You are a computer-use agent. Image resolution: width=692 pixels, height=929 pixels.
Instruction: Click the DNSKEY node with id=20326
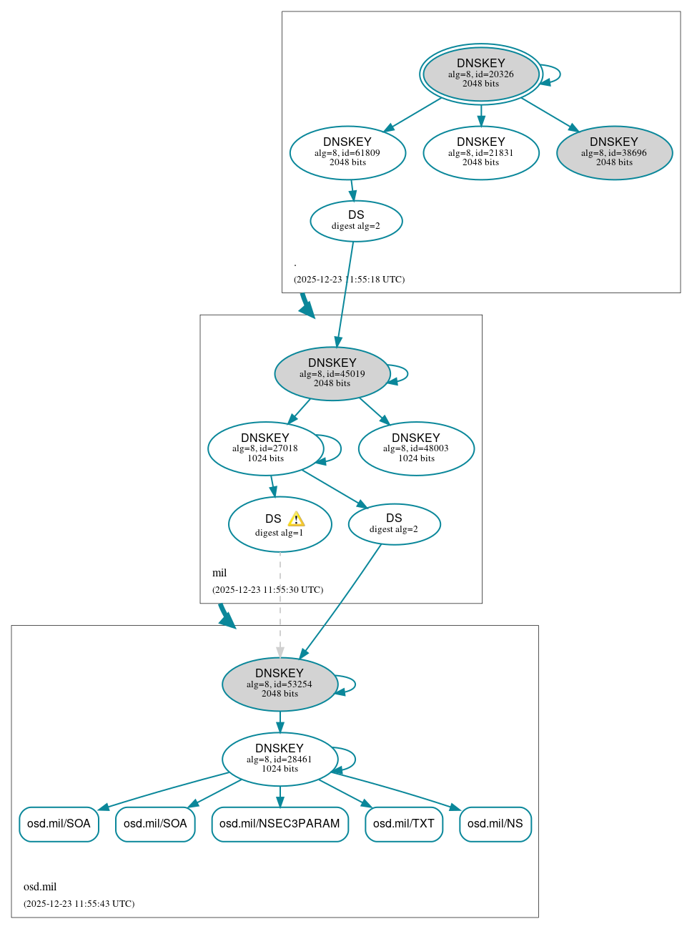point(480,74)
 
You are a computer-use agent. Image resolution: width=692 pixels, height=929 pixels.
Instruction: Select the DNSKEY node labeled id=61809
point(347,152)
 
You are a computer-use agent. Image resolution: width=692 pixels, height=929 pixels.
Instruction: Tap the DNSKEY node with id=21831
point(480,152)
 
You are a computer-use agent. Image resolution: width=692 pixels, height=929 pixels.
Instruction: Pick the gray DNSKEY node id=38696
point(614,152)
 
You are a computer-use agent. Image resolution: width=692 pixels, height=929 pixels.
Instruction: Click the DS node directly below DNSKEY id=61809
point(356,221)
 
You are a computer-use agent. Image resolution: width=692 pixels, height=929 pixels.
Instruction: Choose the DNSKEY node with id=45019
point(332,373)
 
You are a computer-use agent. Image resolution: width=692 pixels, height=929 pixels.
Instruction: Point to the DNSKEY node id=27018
point(265,448)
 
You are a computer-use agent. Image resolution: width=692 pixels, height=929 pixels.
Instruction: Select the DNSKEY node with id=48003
point(416,448)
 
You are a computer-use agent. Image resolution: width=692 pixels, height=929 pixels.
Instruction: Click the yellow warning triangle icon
point(296,519)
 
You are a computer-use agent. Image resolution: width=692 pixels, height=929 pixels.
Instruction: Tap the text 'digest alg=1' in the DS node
point(280,533)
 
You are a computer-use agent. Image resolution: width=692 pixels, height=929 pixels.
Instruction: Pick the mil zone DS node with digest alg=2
point(394,524)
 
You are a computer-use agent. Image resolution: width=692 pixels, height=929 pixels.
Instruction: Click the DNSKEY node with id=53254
point(280,684)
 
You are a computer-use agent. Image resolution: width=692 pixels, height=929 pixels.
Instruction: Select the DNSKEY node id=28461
point(280,759)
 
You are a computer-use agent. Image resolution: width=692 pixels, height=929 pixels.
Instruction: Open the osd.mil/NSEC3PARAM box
point(280,824)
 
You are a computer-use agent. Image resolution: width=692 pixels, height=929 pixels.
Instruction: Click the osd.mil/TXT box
point(403,824)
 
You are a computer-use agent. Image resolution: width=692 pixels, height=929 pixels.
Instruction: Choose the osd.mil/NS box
point(495,824)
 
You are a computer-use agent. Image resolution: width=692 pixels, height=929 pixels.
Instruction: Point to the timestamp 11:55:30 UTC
point(267,590)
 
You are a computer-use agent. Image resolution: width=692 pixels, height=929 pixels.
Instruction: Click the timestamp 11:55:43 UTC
point(79,904)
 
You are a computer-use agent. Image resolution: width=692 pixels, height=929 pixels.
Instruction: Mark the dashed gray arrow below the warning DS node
point(280,608)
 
